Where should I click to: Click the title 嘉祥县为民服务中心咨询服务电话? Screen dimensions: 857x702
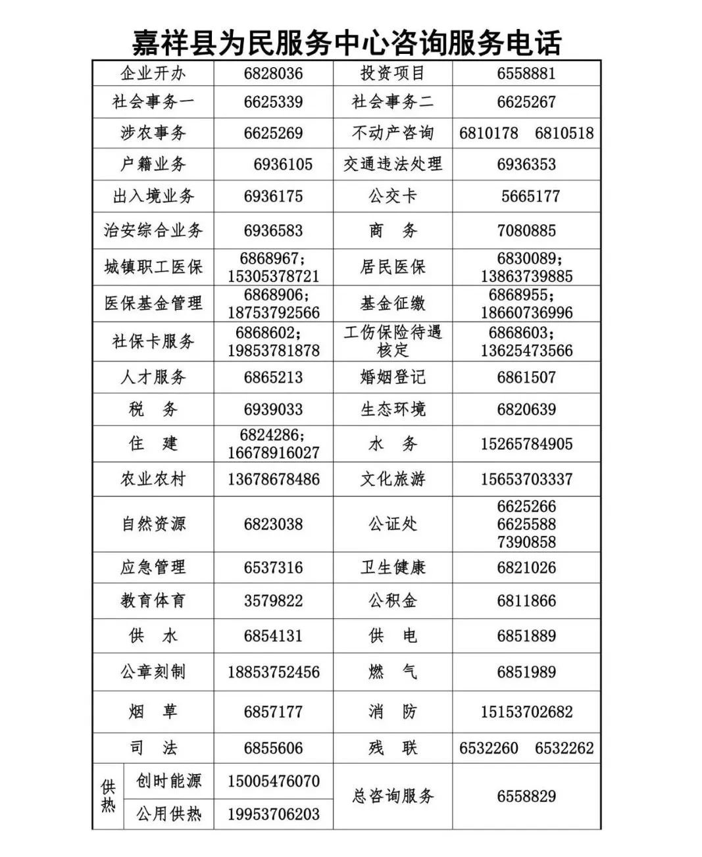[x=347, y=43]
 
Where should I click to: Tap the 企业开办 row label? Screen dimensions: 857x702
[x=153, y=73]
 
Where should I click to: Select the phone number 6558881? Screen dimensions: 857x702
[x=526, y=73]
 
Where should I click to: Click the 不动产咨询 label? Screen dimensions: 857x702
[x=393, y=134]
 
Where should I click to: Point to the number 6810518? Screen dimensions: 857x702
[x=564, y=134]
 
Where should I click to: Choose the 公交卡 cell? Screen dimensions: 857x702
[x=393, y=196]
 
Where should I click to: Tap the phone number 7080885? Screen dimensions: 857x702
[x=526, y=231]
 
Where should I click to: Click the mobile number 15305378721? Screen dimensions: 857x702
[x=273, y=276]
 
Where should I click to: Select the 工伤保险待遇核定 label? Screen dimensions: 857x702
[x=393, y=341]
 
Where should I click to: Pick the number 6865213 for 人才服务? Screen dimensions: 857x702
[x=273, y=378]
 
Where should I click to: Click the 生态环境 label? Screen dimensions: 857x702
[x=393, y=409]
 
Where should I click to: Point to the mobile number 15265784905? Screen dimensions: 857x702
[x=526, y=444]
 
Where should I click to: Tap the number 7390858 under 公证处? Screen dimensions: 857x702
[x=526, y=542]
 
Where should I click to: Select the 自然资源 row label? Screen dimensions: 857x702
[x=153, y=524]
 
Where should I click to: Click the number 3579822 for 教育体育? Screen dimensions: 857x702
[x=273, y=600]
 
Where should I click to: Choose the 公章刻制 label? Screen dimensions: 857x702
[x=153, y=672]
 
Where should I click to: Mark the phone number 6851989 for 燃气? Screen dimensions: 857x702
[x=526, y=672]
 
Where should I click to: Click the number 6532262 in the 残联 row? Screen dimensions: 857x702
[x=564, y=748]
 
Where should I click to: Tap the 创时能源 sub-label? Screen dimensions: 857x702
[x=168, y=781]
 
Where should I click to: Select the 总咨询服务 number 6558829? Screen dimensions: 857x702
[x=526, y=796]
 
